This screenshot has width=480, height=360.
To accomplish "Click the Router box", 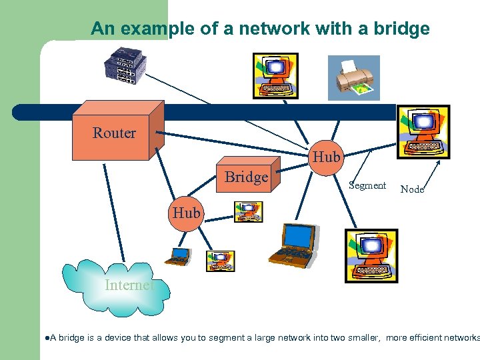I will point(114,133).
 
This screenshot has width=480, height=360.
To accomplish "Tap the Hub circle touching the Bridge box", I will point(326,157).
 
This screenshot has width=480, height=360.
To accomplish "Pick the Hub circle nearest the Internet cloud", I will point(186,213).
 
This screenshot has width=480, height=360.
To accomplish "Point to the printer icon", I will point(354,77).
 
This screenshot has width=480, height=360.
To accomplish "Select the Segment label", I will point(367,185).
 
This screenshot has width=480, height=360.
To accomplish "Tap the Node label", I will point(412,189).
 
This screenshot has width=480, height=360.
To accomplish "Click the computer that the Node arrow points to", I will point(423,131).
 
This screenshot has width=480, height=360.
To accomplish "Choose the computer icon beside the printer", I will point(275,75).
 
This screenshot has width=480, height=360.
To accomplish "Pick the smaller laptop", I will point(179,255).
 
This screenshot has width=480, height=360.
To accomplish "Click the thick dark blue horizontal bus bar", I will point(200,112).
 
